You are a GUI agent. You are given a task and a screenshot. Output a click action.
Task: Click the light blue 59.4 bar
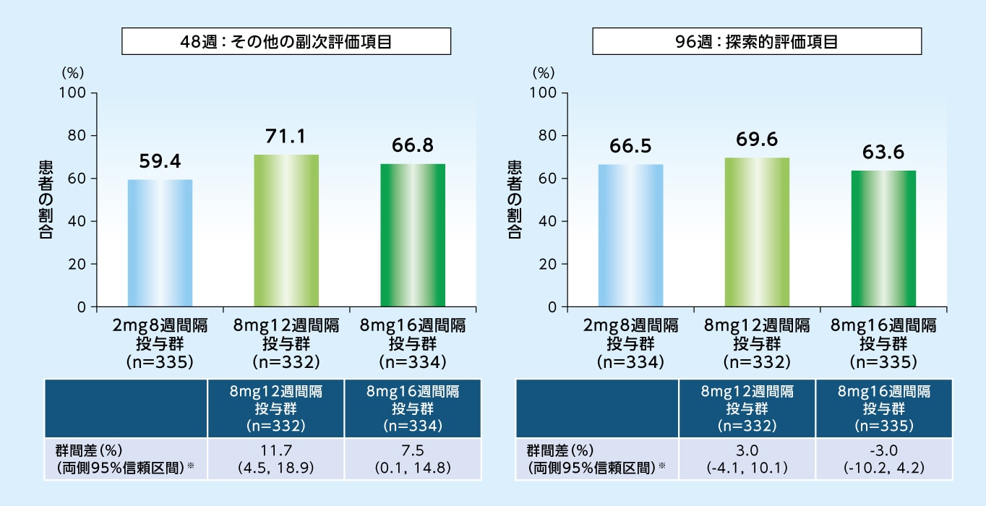coord(160,243)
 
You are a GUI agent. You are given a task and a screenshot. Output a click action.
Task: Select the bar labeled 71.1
coord(286,231)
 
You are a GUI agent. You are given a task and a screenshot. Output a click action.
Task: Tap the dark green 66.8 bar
coord(413,235)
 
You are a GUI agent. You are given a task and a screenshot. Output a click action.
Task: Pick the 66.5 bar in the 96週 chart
coord(631,236)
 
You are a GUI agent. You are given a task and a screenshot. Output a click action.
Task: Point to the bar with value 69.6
coord(757,232)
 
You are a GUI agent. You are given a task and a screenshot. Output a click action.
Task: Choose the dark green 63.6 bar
coord(883,239)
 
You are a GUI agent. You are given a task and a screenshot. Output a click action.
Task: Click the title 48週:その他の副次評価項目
coord(286,41)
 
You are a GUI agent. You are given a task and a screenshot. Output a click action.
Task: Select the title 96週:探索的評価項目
coord(757,41)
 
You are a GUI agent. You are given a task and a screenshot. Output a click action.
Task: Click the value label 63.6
coord(883,153)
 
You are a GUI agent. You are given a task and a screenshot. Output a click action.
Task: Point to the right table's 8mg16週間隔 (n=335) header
coord(883,409)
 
